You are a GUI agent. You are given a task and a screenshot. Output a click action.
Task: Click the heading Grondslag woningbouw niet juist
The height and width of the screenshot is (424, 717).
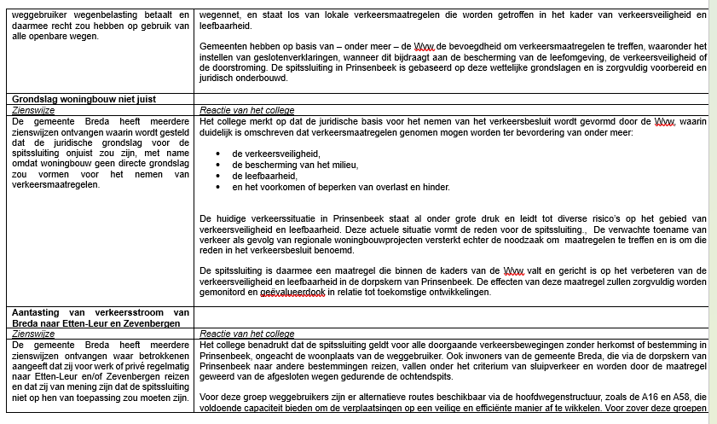point(84,99)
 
